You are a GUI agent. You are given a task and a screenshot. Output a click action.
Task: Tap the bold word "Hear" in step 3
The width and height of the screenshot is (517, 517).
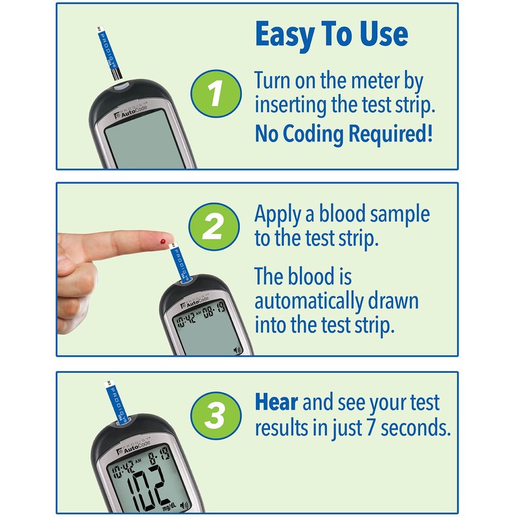(x=276, y=403)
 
